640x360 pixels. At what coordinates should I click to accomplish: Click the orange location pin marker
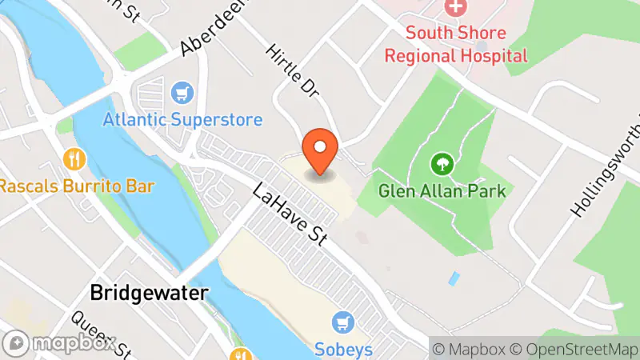tap(320, 150)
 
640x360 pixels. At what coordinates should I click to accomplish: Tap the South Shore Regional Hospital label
tap(456, 44)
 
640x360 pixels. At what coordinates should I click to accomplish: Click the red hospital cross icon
tap(456, 10)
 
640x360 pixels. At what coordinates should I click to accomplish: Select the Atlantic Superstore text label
tap(182, 120)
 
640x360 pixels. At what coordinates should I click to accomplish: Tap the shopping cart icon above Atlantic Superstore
tap(183, 94)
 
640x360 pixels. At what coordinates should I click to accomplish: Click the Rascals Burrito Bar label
tap(77, 186)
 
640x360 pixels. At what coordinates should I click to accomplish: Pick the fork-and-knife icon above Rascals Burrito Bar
tap(75, 158)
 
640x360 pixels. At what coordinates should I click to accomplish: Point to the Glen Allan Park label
tap(442, 191)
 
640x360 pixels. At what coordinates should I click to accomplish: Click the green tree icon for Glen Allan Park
tap(440, 165)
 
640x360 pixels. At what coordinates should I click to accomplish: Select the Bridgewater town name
tap(149, 292)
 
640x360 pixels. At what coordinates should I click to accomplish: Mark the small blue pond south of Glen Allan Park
tap(454, 279)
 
